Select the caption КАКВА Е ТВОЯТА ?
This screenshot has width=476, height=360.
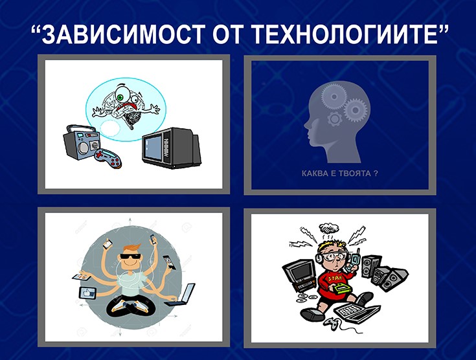(340, 174)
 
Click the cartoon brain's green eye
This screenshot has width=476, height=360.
(121, 97)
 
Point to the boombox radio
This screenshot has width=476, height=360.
(82, 142)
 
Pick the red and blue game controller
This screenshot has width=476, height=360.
(108, 158)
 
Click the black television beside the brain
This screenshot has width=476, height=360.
(172, 148)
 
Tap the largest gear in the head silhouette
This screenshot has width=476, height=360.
(334, 97)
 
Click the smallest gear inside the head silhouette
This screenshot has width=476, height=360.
(335, 118)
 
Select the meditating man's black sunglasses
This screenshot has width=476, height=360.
(130, 256)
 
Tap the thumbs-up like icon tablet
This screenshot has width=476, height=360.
(87, 293)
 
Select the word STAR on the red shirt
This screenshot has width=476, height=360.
(335, 278)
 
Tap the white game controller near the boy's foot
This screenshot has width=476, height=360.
(331, 322)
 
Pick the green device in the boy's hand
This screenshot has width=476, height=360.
(341, 287)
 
